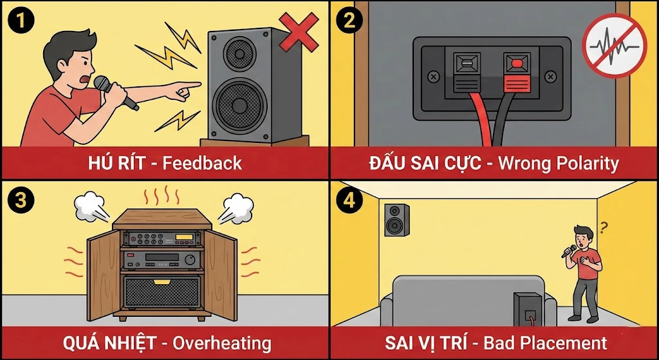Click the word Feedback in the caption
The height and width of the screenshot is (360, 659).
[201, 163]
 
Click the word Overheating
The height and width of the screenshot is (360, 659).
[222, 343]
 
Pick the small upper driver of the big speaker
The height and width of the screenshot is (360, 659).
[240, 53]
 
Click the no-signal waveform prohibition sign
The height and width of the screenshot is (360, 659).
[614, 46]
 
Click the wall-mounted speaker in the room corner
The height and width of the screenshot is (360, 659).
[396, 220]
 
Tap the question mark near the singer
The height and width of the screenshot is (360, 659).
[604, 227]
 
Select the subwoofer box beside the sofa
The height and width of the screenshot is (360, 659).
[528, 309]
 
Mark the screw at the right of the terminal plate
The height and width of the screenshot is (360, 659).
[550, 77]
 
